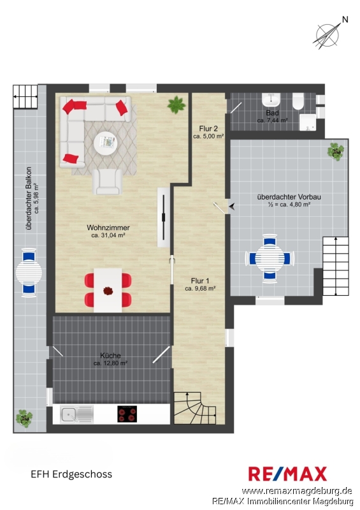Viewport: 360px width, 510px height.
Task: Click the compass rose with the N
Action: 328,34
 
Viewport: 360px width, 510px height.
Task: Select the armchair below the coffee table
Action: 107,182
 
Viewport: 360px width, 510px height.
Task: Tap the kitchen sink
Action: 76,414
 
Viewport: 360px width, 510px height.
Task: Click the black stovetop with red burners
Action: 127,414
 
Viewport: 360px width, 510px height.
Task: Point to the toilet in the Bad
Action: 298,101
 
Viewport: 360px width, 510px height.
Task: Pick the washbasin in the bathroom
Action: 271,100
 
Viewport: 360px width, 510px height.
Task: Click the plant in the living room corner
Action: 176,105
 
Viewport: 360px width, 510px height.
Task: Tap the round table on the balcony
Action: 29,272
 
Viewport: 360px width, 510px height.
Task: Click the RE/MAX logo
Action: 287,474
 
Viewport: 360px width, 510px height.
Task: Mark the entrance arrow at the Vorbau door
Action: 232,206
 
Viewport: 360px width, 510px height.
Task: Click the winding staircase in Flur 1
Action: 195,408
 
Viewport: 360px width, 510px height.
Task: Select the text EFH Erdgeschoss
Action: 71,474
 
